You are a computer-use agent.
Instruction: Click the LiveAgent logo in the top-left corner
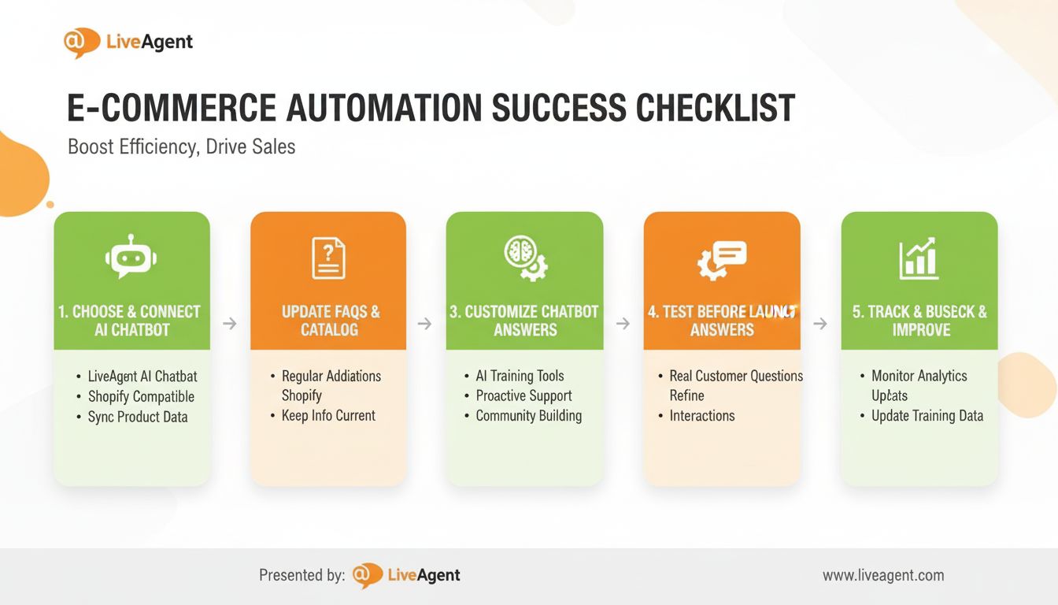(128, 43)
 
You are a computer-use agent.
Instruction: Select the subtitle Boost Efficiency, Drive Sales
(181, 147)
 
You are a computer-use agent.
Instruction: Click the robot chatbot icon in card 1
(131, 258)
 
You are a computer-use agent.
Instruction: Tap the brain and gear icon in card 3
(524, 258)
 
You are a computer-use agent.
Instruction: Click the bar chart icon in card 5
(919, 258)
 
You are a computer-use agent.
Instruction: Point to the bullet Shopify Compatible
(141, 396)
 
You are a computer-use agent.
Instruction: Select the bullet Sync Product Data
(138, 417)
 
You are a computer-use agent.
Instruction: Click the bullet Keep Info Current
(328, 415)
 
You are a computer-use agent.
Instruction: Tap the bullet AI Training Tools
(520, 376)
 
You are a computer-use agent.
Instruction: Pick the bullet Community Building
(528, 415)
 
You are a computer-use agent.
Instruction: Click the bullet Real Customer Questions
(735, 376)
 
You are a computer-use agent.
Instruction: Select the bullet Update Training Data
(927, 415)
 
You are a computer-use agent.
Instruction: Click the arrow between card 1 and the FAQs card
(230, 323)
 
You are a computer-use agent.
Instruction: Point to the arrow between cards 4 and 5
(820, 323)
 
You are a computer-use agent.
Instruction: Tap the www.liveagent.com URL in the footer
(883, 575)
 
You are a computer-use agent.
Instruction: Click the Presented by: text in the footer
(301, 575)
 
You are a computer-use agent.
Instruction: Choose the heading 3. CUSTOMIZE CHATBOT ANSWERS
(524, 321)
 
